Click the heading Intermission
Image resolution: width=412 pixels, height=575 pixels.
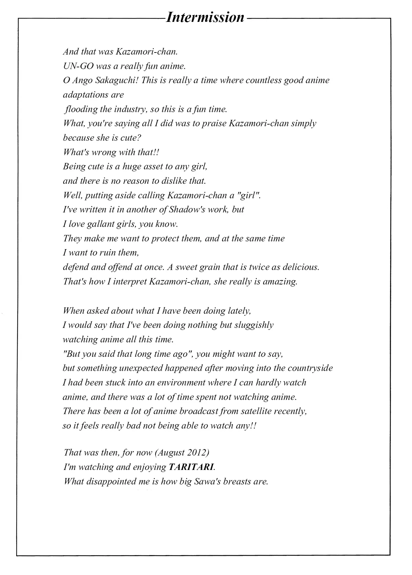(205, 17)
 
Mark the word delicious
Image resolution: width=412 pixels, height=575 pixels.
(301, 267)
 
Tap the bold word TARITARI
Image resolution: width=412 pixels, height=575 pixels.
(191, 467)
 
